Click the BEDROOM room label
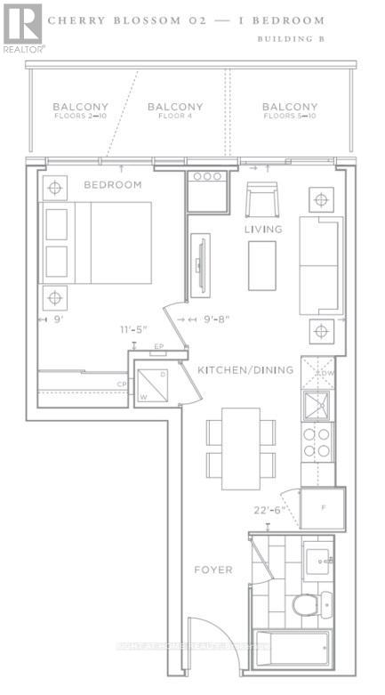[112, 185]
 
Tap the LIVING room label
[263, 230]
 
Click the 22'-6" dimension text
[268, 510]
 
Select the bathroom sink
[317, 562]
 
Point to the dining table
[240, 449]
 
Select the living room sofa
[319, 265]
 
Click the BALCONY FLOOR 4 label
[176, 110]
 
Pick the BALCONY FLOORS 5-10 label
[290, 111]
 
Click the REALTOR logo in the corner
[21, 28]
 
